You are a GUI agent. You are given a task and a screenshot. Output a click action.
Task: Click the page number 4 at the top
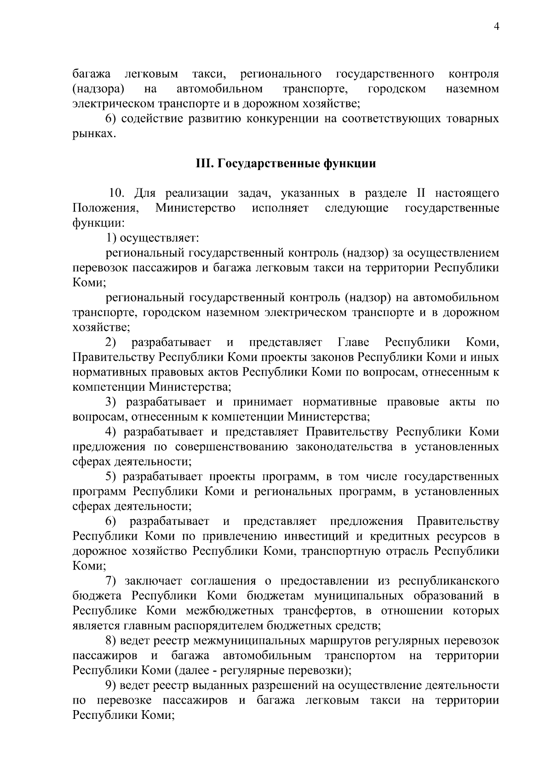click(496, 27)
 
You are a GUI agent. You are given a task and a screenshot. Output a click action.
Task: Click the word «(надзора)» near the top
click(98, 88)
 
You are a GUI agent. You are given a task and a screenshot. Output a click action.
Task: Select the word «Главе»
click(353, 342)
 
